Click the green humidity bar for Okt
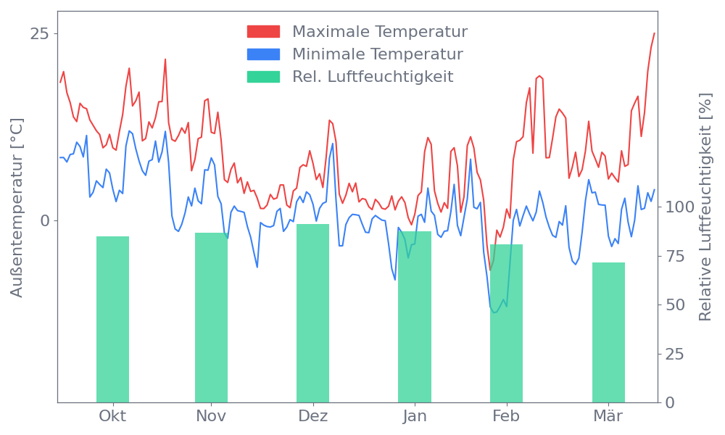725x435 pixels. coord(112,319)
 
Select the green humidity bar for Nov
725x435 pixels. coord(211,317)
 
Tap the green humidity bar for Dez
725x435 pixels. coord(312,312)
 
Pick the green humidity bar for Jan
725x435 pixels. coord(415,316)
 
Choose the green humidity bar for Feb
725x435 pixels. coord(506,323)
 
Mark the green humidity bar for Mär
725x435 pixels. coord(608,332)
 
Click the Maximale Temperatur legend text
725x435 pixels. coord(380,32)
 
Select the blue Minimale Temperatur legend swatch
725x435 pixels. coord(263,54)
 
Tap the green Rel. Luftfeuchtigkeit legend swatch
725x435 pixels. coord(263,77)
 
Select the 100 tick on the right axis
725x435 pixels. coord(680,207)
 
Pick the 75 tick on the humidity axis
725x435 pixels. coord(676,256)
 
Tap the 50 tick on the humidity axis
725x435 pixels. coord(676,304)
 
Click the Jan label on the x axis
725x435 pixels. coord(415,416)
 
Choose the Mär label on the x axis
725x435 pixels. coord(608,416)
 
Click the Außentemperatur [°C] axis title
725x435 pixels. coord(17,209)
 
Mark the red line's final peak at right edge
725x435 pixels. coord(654,33)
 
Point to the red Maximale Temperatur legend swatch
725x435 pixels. coord(263,32)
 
